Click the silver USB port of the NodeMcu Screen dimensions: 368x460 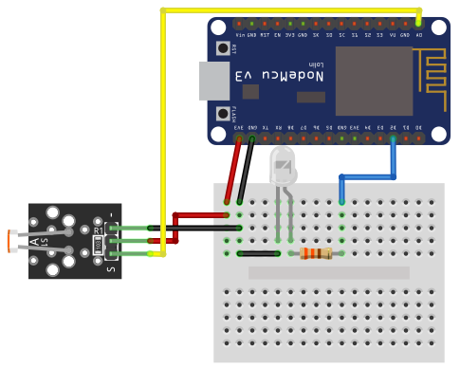(x=212, y=81)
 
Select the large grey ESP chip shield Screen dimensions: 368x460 (x=374, y=81)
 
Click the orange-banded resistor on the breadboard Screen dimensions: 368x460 (x=316, y=253)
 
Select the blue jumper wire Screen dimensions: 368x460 (x=368, y=176)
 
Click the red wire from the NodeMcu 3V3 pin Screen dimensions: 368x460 (x=233, y=171)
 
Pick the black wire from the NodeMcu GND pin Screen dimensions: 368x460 (x=246, y=171)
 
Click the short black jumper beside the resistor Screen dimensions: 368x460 (x=258, y=253)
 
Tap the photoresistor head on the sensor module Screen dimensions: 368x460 (x=12, y=241)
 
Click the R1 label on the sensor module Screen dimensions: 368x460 (x=98, y=230)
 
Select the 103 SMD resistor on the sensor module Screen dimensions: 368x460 (x=98, y=245)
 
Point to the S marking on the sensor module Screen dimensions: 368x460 (x=112, y=269)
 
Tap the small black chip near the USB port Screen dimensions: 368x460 (x=250, y=91)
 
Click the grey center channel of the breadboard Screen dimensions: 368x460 (x=328, y=272)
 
